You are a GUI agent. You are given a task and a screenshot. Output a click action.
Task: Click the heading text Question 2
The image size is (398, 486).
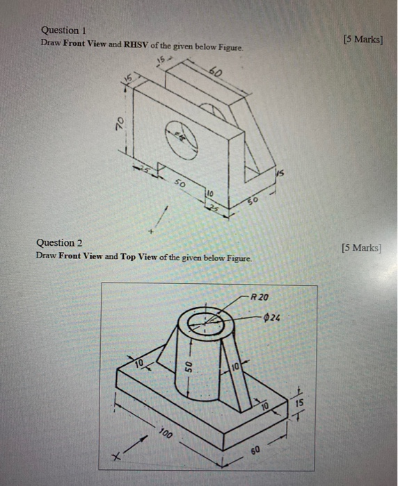tap(60, 242)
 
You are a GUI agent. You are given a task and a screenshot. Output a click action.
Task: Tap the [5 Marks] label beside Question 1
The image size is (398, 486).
tap(363, 39)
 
